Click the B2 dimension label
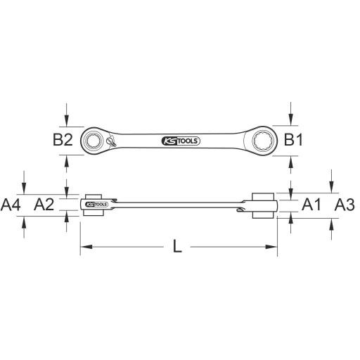click(x=63, y=140)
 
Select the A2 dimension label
click(x=44, y=205)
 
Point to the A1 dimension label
click(x=311, y=205)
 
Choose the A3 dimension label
click(x=344, y=205)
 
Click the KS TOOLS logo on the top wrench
click(x=181, y=141)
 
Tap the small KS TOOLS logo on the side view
click(x=92, y=205)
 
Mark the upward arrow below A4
click(x=25, y=221)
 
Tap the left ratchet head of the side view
click(x=93, y=204)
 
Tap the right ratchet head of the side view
click(x=264, y=204)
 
